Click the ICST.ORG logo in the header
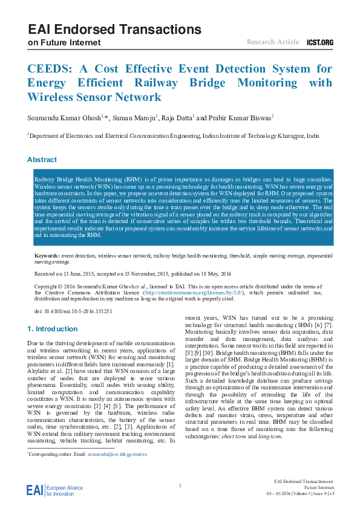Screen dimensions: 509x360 point(321,42)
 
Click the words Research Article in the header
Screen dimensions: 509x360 point(273,42)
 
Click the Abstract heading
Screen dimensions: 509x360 point(42,160)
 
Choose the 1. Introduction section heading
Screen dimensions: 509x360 point(53,329)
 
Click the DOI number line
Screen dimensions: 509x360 point(74,311)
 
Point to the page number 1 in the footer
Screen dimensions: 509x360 point(180,485)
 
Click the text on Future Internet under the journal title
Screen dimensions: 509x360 point(61,43)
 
